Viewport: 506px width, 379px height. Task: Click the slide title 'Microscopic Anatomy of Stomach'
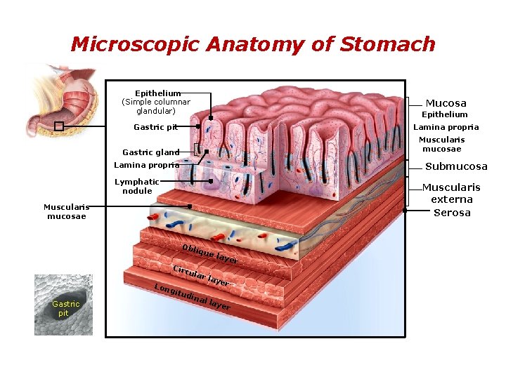pos(253,45)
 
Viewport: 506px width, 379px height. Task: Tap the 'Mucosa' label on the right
pos(446,103)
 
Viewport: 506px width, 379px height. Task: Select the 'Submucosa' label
pos(456,166)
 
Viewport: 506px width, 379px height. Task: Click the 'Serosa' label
pos(452,213)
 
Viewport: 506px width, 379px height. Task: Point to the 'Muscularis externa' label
pos(451,193)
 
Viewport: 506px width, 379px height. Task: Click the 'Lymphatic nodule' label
pos(137,186)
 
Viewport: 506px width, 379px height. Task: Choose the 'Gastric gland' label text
pos(150,152)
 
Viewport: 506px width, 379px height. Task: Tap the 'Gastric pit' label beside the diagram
pos(155,127)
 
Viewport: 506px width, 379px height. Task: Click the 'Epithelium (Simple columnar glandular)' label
pos(156,102)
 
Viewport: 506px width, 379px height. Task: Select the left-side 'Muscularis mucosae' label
pos(65,211)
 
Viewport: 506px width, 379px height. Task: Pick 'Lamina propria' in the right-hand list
pos(446,127)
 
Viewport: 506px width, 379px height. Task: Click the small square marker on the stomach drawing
pos(59,126)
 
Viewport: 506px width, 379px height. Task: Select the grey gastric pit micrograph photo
pos(64,305)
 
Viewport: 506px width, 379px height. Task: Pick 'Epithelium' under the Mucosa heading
pos(444,114)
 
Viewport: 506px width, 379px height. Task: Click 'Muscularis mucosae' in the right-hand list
pos(441,144)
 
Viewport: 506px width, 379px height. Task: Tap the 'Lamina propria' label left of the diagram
pos(146,166)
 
